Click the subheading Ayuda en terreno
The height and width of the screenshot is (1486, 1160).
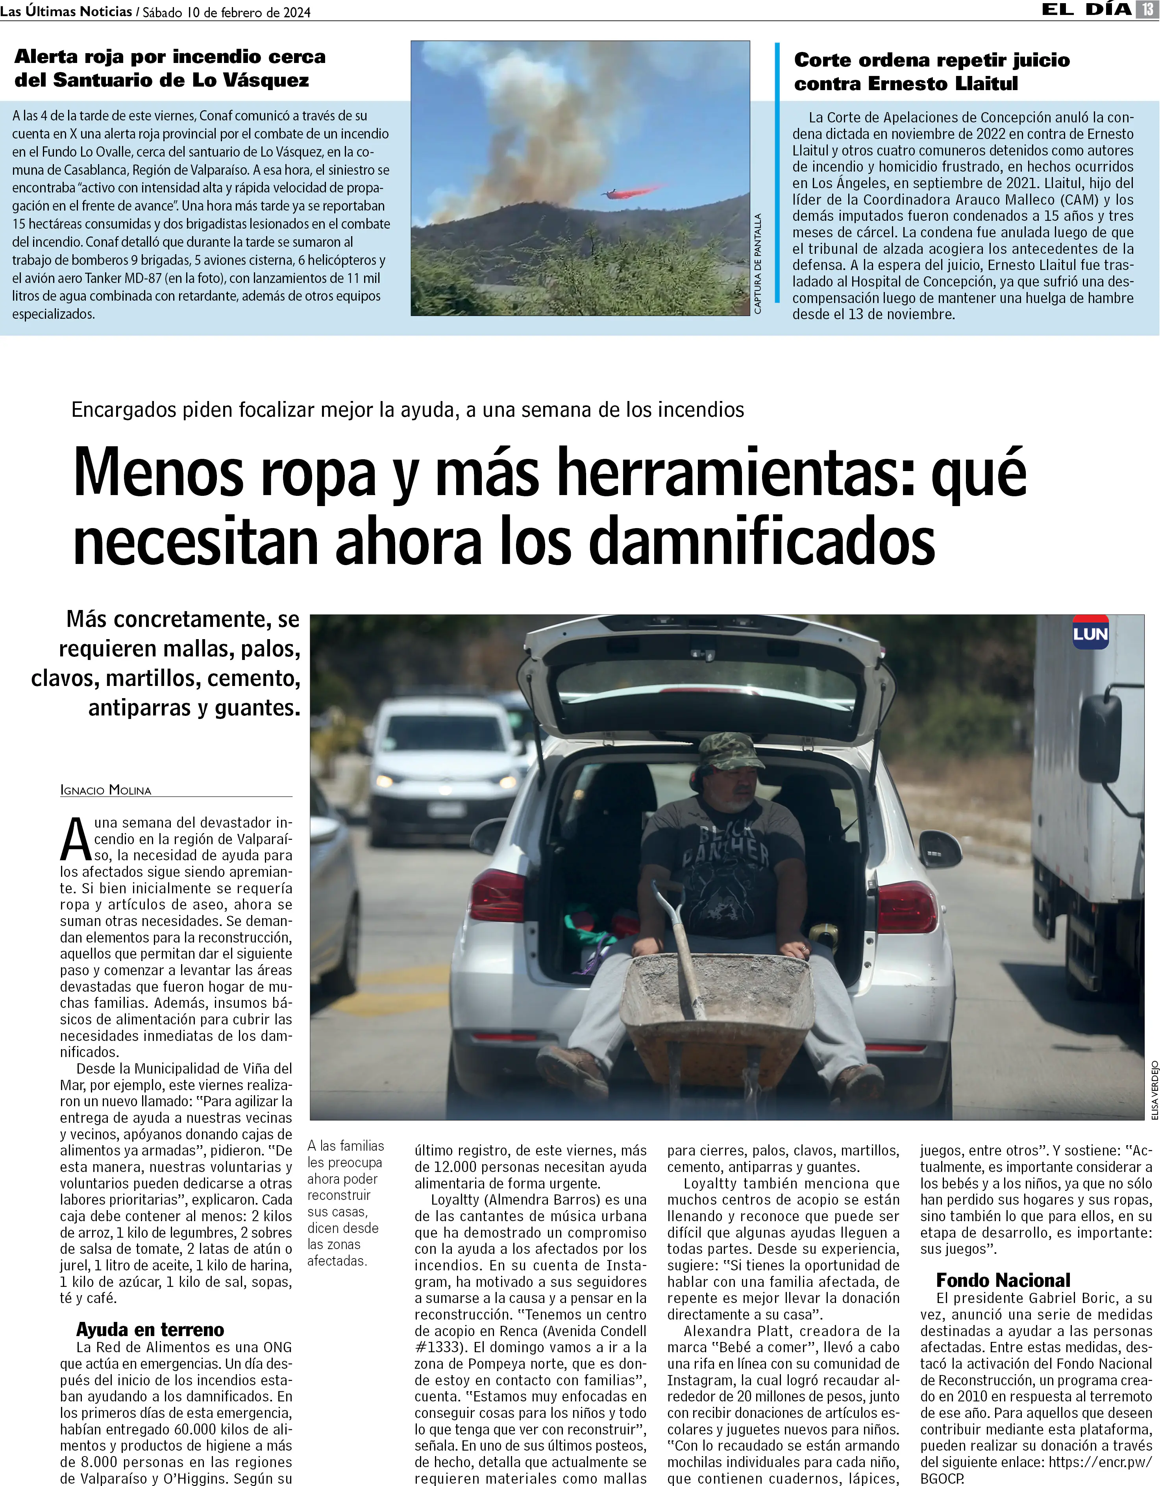150,1329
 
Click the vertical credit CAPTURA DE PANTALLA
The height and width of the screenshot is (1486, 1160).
758,264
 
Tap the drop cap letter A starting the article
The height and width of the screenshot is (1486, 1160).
76,840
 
